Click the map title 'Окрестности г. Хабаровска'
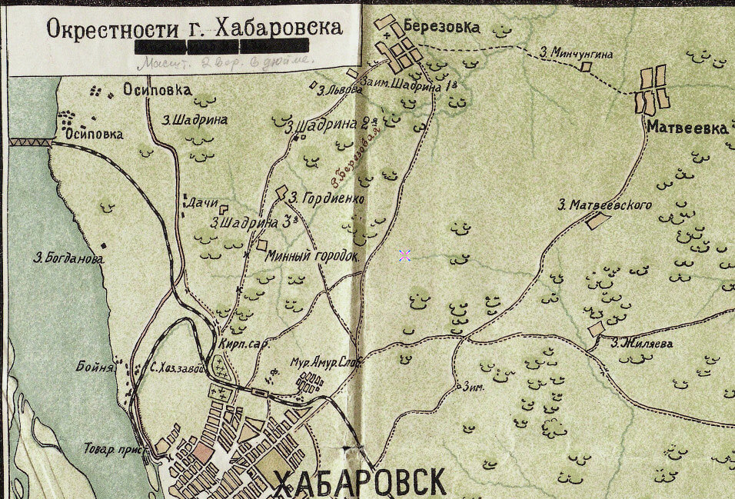tap(194, 28)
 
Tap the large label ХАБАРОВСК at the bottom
tap(360, 481)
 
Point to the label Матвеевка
tap(687, 128)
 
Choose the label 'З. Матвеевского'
tap(604, 205)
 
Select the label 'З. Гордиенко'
tap(326, 198)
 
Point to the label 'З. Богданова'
tap(69, 258)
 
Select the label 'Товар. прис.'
tap(111, 447)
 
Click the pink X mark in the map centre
tap(404, 256)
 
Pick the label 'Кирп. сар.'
tap(244, 344)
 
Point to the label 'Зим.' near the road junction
tap(473, 388)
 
